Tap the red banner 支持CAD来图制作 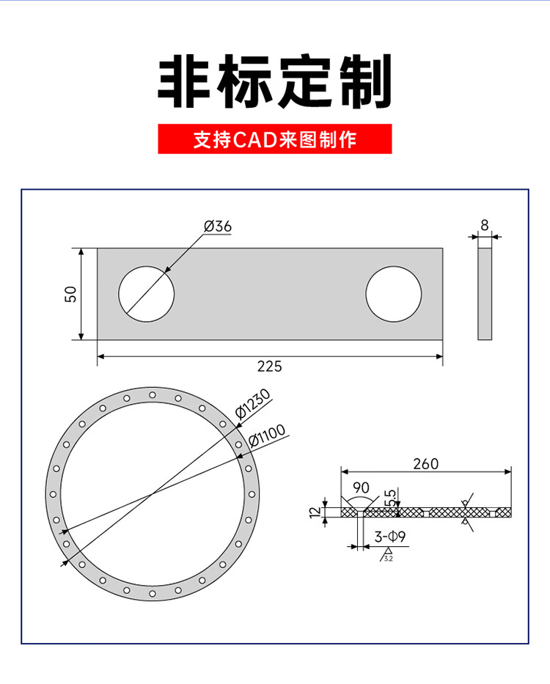point(275,139)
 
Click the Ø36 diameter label point(218,227)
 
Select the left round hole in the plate point(147,294)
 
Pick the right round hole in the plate point(394,294)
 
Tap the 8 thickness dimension point(485,225)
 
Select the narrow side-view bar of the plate point(485,294)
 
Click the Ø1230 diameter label point(254,406)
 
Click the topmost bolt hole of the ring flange point(153,395)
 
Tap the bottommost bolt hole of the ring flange point(153,592)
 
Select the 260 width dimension point(425,464)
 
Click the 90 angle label point(361,488)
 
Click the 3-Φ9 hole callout point(390,537)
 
